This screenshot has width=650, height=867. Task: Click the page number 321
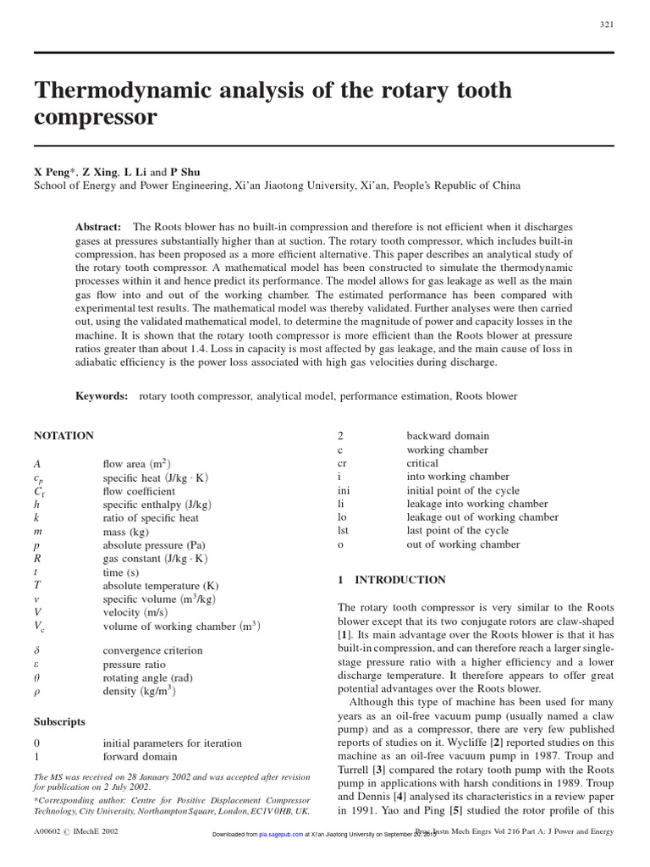[606, 25]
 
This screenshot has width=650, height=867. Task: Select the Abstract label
[98, 228]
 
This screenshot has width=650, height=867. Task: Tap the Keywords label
[102, 395]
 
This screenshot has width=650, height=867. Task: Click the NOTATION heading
[63, 435]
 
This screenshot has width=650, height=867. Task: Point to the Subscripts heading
[59, 722]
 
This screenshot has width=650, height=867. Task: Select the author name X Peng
[52, 171]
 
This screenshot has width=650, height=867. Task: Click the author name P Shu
[186, 171]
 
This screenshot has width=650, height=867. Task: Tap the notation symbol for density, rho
[37, 691]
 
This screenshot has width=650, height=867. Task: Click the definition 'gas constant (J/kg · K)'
[155, 559]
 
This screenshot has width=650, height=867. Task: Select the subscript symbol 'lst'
[343, 531]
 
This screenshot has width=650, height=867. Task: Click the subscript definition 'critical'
[422, 463]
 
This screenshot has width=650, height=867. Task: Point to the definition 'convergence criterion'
[152, 650]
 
